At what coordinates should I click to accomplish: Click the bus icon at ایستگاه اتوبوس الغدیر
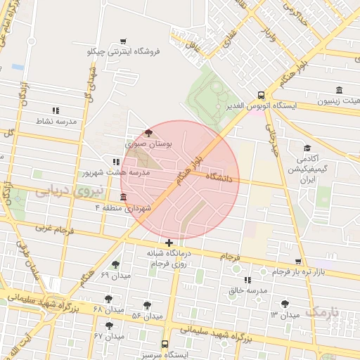(261, 95)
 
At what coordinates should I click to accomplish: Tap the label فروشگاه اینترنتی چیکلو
(124, 51)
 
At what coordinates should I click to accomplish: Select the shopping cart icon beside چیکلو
(124, 41)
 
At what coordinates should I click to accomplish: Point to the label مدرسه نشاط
(56, 121)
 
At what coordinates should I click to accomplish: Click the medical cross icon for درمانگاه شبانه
(169, 243)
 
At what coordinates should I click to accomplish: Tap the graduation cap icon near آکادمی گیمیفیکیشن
(307, 148)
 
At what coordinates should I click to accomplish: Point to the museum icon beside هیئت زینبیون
(340, 91)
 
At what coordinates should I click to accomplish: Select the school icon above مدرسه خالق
(247, 280)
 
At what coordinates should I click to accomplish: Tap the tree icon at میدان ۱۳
(285, 304)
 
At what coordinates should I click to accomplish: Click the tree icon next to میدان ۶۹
(115, 265)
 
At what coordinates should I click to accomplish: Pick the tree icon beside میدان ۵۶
(146, 304)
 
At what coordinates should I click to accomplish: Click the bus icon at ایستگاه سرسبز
(165, 345)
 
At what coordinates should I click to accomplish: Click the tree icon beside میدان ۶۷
(109, 326)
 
